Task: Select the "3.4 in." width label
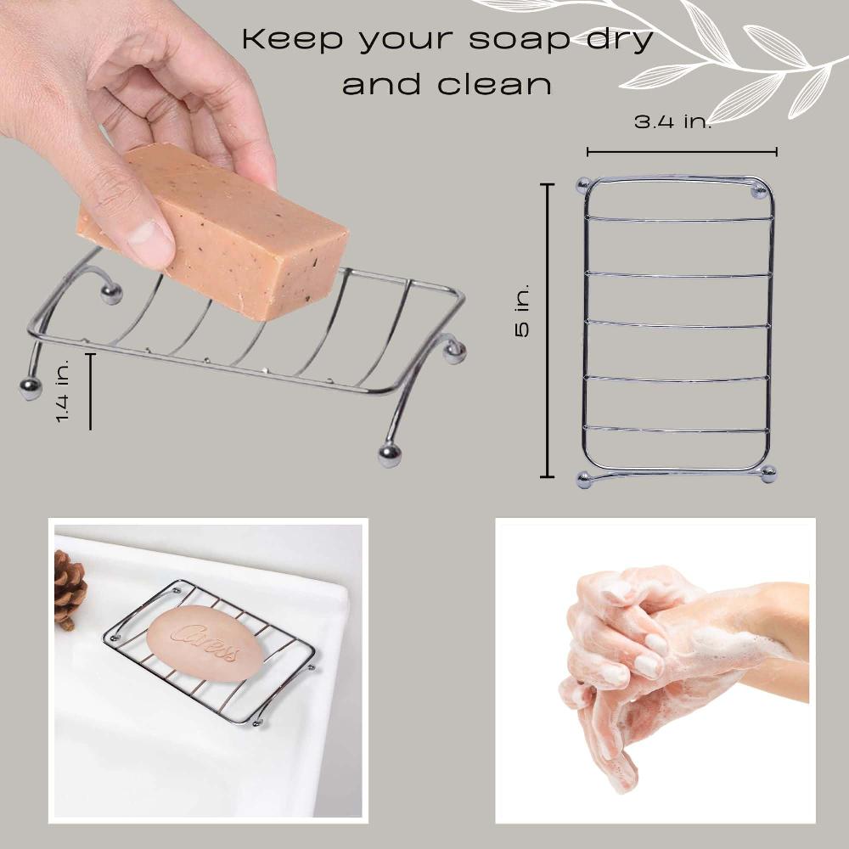673,121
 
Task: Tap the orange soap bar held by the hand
216,229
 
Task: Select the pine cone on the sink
69,588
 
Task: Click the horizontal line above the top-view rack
682,153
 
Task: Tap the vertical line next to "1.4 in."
90,391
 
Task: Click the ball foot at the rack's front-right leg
390,456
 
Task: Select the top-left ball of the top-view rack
582,184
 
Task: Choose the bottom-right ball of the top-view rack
768,475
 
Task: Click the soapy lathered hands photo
655,671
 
